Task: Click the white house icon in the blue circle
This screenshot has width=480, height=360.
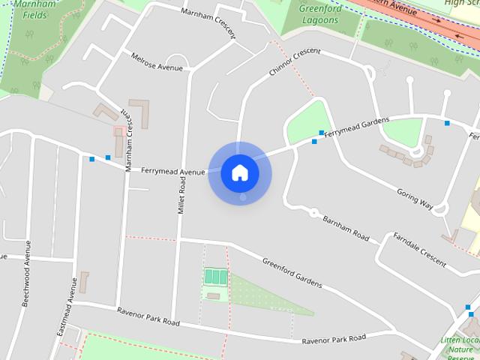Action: (240, 172)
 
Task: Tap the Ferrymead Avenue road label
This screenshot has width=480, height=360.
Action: (173, 171)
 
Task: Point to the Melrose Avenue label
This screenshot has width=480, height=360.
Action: (157, 62)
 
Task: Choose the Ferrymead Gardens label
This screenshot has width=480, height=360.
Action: (357, 127)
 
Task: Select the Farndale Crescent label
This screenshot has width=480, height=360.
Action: (420, 250)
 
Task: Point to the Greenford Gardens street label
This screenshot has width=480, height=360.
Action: (292, 273)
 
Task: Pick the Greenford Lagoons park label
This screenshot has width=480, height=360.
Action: (319, 15)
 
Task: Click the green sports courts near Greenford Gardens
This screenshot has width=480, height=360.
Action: (216, 276)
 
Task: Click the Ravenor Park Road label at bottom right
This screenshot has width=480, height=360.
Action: (334, 340)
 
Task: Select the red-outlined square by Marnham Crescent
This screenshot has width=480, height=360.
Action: (118, 131)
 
